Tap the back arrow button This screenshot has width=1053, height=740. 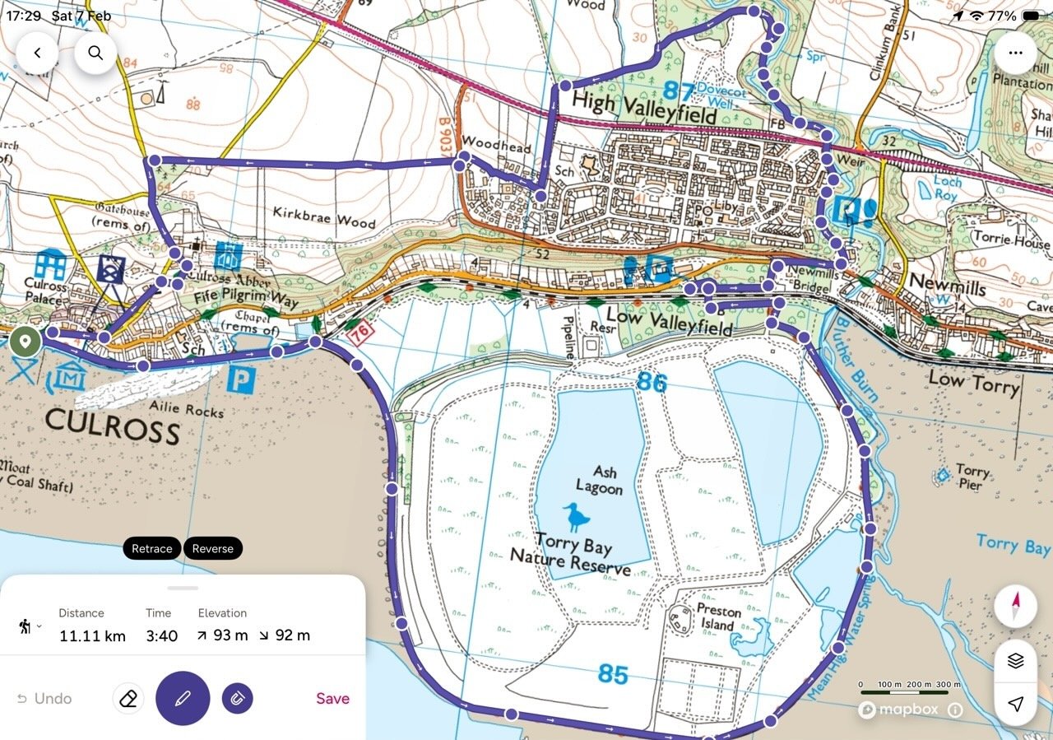(37, 54)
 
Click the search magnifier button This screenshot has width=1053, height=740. (95, 54)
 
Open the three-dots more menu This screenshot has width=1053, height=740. (1015, 54)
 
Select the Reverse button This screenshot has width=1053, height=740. (212, 549)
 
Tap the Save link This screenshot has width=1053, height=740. (332, 699)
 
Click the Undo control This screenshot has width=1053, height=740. (44, 699)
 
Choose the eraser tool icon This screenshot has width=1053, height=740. (128, 699)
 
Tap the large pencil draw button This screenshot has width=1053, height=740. (183, 699)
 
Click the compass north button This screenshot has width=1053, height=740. (1015, 608)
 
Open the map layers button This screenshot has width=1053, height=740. (1015, 660)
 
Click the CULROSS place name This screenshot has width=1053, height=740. (112, 429)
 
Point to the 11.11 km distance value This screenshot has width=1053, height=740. (92, 635)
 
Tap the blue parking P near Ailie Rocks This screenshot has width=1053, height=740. (242, 379)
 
